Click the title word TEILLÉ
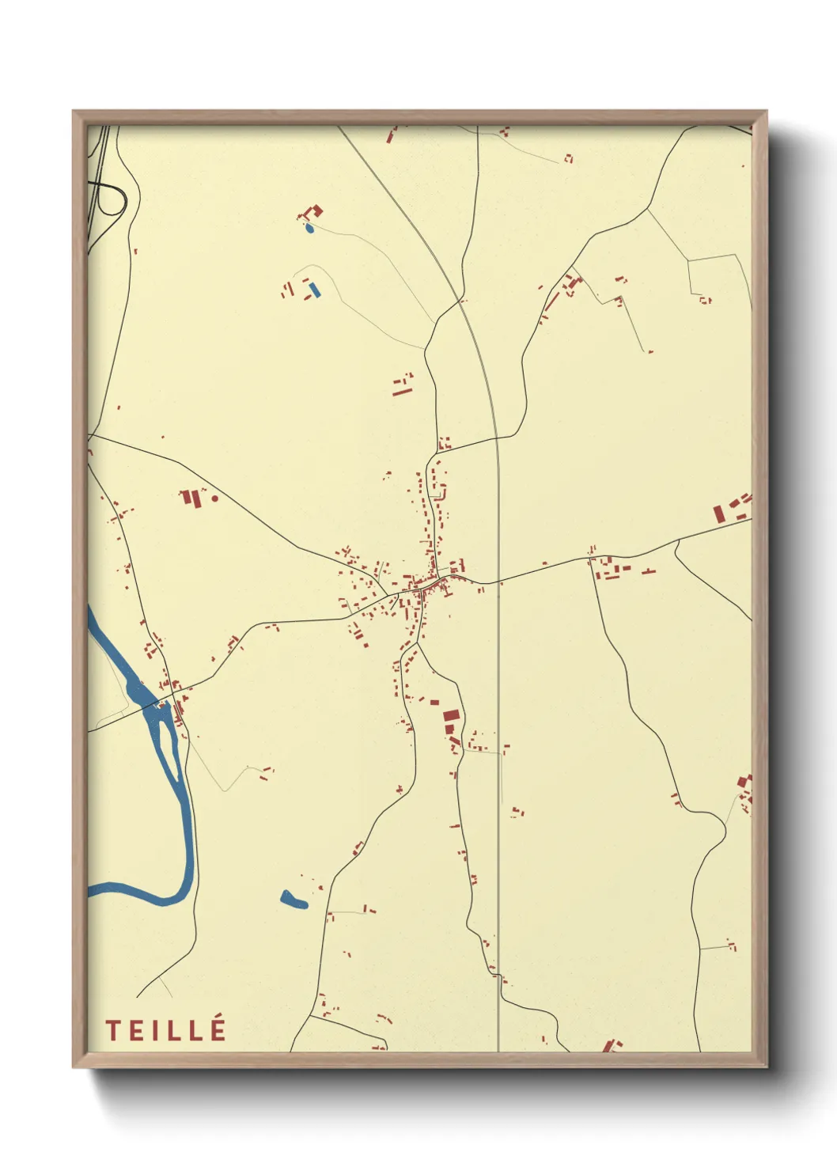point(166,1030)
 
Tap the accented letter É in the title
point(218,1029)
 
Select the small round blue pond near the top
point(309,229)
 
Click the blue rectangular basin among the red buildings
point(314,290)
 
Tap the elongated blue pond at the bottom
point(294,899)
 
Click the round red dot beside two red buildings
point(214,499)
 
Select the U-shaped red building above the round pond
point(312,212)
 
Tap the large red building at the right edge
point(719,513)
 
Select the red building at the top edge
point(391,135)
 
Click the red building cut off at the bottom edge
point(610,1046)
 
